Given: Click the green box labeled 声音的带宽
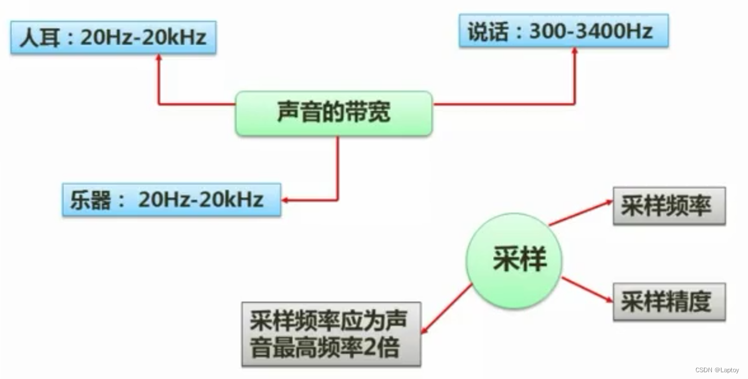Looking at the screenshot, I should (x=333, y=113).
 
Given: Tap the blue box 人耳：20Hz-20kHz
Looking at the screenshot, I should (x=113, y=38).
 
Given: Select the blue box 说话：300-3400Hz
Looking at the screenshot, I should (x=563, y=31).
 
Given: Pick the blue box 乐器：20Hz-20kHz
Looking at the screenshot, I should (x=171, y=199).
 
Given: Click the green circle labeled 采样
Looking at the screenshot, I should (x=514, y=260).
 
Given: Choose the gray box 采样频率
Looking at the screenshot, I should (x=669, y=206).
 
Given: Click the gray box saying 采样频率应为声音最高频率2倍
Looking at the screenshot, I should (x=331, y=334).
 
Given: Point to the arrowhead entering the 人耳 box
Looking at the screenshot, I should (x=159, y=58).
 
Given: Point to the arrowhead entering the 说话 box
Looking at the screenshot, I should (x=575, y=51).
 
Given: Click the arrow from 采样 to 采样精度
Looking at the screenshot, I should (x=588, y=290).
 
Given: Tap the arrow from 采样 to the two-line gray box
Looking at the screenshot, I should (x=447, y=308).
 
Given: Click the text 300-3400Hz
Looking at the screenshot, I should (x=590, y=31).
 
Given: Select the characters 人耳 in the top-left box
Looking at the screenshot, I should (x=38, y=38).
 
